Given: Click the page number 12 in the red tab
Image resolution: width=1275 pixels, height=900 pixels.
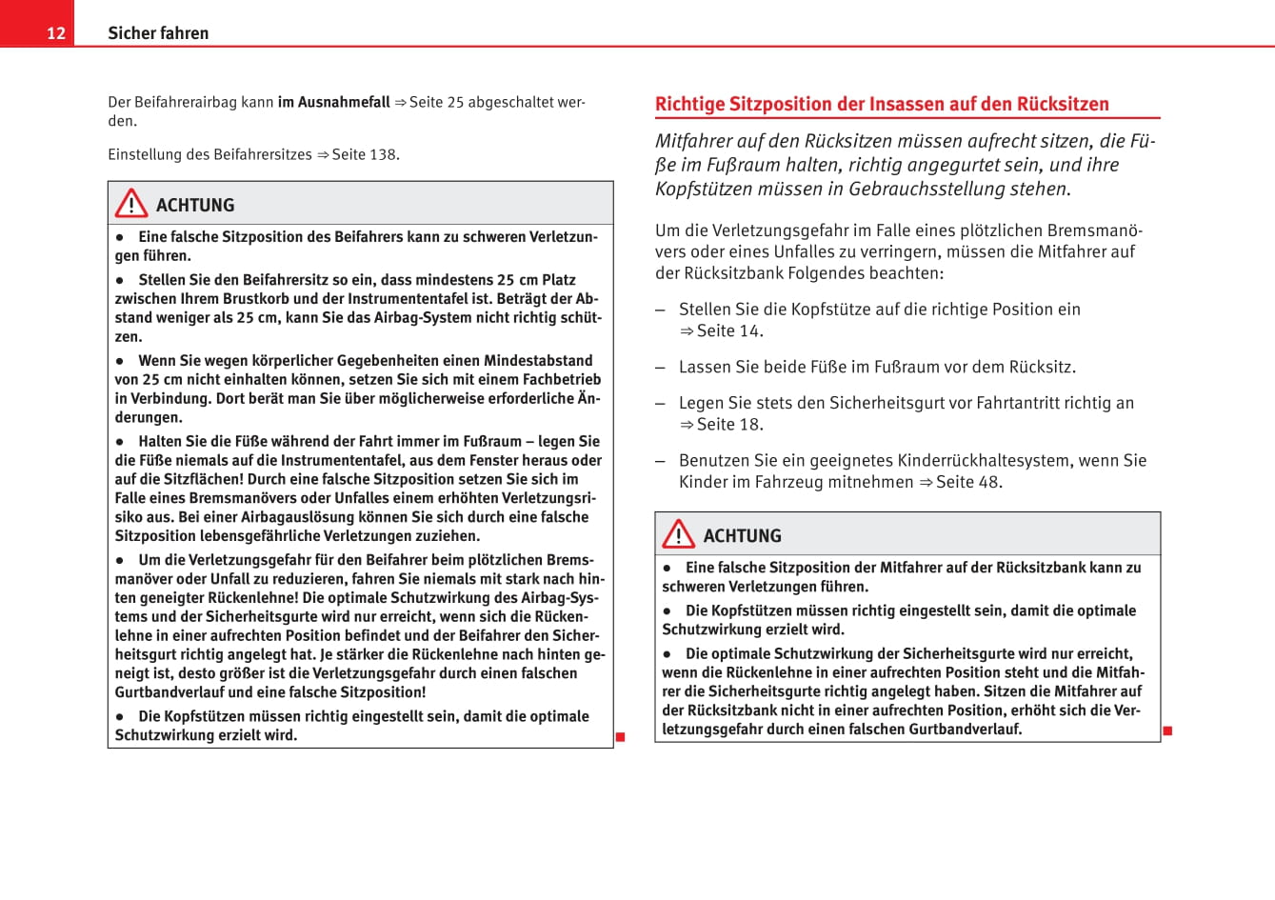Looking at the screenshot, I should tap(56, 33).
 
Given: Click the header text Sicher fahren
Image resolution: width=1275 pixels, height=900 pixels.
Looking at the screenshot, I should tap(158, 33).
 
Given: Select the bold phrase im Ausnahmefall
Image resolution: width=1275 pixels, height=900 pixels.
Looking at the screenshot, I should tap(333, 102).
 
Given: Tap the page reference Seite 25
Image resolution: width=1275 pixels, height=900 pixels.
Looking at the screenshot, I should tap(436, 102).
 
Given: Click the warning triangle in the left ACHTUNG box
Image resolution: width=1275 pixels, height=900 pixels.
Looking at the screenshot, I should tap(131, 204).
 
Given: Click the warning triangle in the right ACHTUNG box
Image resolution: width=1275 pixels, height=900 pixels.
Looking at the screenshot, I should tap(679, 534).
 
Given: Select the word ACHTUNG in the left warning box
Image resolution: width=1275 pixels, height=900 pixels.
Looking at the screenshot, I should tap(195, 206).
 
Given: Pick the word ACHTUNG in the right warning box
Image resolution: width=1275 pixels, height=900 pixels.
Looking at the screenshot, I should tap(743, 536).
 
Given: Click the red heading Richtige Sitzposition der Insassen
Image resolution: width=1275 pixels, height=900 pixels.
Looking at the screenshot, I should tap(882, 104).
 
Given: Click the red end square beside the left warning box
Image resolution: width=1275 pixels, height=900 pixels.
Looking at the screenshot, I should tap(620, 737).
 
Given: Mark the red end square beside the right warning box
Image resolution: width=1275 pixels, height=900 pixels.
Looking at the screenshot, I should tap(1167, 731).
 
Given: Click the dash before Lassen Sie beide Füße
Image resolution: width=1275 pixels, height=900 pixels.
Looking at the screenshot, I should tap(660, 367).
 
